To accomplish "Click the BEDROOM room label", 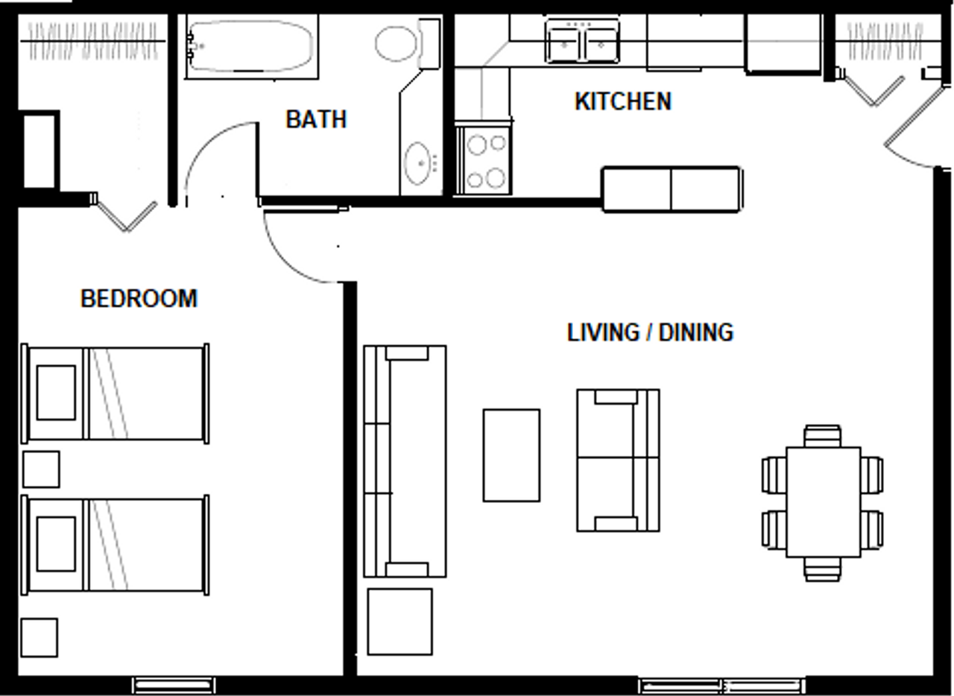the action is pos(139,298).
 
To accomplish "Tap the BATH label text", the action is pos(316,119).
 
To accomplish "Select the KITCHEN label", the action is pos(623,101).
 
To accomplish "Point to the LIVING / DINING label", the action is pos(651,332).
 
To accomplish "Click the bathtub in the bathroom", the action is pos(251,46).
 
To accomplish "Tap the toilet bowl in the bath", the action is pos(396,43).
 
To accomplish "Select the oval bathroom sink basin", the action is pos(417,163).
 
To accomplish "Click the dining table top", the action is pos(824,502).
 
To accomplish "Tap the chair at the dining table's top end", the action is pos(823,436).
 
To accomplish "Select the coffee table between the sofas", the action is pos(511,455).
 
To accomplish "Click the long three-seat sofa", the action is pos(405,461).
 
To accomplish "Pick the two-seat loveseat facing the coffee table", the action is pos(619,460).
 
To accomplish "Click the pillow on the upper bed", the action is pos(56,392).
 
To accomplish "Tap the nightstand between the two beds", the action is pos(41,469).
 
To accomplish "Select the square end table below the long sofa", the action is pos(400,622).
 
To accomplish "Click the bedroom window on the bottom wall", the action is pos(174,686).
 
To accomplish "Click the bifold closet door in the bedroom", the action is pos(127,217).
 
